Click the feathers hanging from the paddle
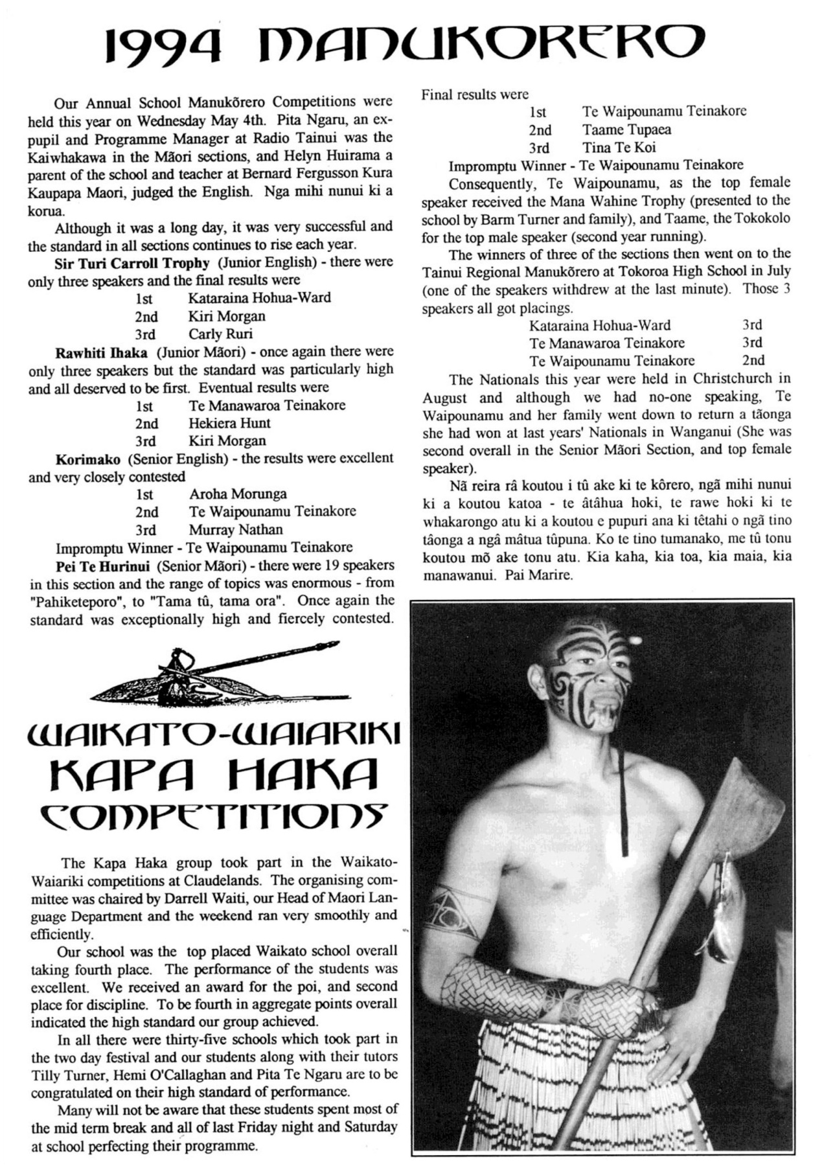pos(724,894)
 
